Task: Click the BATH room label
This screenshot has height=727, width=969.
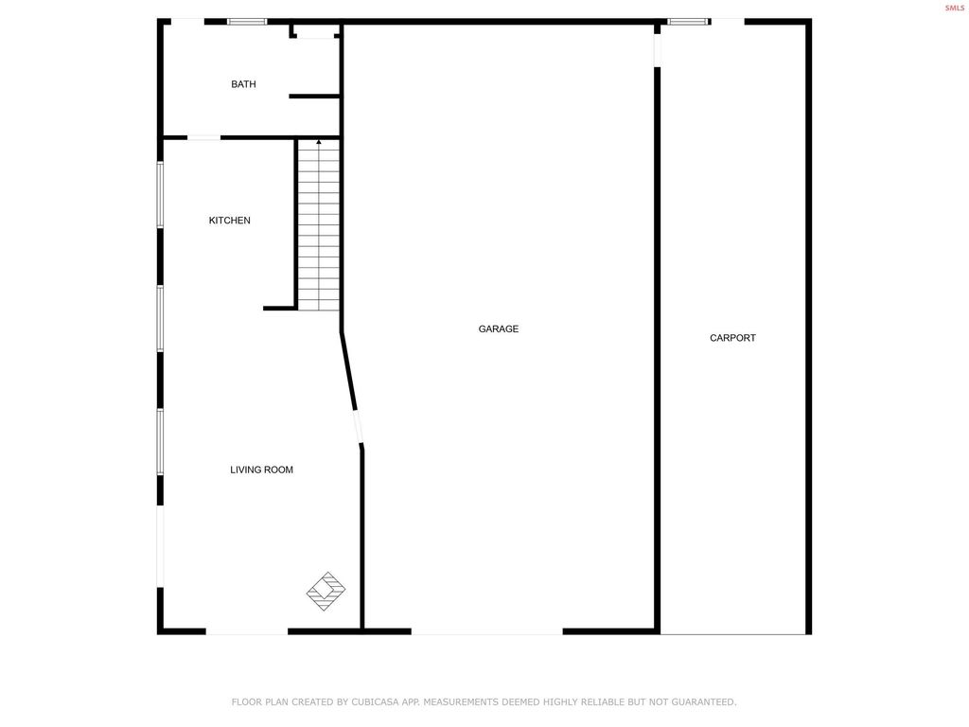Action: (243, 84)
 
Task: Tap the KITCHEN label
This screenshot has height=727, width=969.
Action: (230, 221)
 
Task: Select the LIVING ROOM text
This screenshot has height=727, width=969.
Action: (261, 470)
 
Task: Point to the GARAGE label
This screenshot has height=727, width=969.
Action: (498, 329)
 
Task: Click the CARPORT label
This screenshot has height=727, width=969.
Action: (732, 338)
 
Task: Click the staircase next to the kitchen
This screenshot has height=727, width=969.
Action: (319, 227)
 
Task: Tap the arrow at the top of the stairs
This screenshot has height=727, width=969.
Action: (319, 143)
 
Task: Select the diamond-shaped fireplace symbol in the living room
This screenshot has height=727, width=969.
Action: (326, 591)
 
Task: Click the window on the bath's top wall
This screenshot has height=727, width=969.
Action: (247, 22)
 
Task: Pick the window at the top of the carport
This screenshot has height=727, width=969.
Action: (688, 22)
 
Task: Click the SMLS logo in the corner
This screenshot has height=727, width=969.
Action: (954, 8)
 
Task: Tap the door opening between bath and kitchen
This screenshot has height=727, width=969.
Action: (203, 138)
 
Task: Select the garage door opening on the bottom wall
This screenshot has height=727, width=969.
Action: (486, 631)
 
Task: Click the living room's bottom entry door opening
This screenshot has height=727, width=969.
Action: (246, 631)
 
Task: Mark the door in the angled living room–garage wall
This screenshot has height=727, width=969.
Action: (358, 427)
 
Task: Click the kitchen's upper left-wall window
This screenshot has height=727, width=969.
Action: (160, 195)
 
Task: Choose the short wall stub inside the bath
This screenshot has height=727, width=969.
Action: (314, 96)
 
